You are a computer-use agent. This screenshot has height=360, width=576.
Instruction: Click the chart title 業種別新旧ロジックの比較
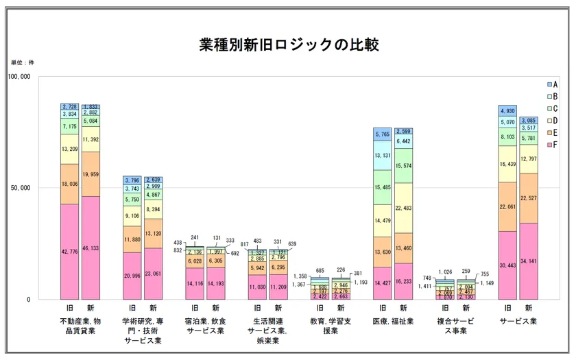pos(288,45)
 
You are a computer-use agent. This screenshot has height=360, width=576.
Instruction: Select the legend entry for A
pos(551,84)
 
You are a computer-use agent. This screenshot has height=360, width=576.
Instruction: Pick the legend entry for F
pos(551,145)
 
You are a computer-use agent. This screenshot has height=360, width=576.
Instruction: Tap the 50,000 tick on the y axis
pos(21,188)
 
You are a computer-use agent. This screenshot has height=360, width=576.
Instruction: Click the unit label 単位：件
pos(22,62)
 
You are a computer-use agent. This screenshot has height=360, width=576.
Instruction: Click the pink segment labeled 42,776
pos(69,252)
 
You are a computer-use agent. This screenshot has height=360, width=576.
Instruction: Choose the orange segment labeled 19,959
pos(91,174)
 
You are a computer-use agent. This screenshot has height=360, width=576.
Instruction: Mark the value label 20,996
pos(132,276)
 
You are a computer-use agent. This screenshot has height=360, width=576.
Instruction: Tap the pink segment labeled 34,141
pos(528,261)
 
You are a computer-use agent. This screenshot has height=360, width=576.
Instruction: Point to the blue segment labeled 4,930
pos(507,110)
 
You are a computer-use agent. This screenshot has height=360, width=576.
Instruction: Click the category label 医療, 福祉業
pos(393,320)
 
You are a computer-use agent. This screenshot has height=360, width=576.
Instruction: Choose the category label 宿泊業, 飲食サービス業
pos(205,325)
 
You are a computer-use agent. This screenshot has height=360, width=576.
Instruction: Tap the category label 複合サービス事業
pos(455,325)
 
